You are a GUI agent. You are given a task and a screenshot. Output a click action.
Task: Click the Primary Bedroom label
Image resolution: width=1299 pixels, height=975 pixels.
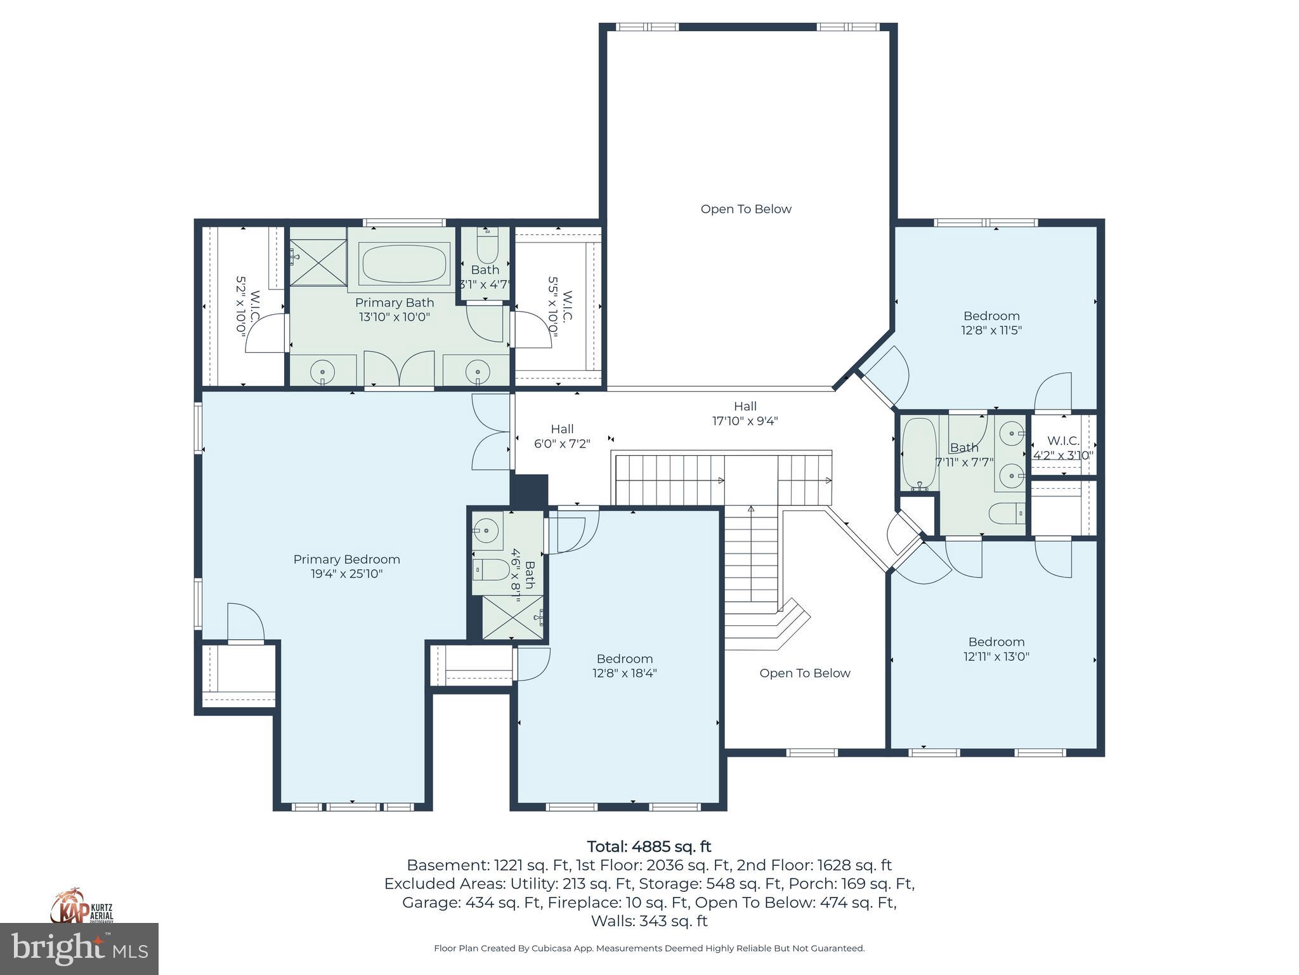(346, 566)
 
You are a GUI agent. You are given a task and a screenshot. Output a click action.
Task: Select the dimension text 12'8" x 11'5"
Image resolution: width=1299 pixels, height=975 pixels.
(991, 331)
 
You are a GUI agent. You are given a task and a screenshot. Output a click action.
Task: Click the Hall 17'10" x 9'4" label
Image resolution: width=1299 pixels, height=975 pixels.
(745, 413)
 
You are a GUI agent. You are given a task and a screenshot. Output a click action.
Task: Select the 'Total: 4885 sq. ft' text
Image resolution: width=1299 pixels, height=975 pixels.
(649, 846)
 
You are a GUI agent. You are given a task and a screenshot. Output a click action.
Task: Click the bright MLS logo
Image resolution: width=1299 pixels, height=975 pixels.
(79, 949)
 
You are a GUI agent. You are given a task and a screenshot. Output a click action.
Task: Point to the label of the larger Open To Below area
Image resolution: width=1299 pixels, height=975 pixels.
(746, 209)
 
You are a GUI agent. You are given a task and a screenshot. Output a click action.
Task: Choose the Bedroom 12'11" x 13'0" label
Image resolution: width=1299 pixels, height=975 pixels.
(996, 649)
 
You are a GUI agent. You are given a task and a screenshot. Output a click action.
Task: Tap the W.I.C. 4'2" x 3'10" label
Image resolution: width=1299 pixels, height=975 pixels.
(1062, 448)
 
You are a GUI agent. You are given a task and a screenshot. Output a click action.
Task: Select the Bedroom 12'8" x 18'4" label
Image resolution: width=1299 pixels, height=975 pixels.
(624, 666)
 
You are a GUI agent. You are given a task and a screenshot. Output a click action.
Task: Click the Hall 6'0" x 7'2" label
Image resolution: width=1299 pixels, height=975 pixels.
(562, 436)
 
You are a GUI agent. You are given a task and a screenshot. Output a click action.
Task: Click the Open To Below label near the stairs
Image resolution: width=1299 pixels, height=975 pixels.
(804, 673)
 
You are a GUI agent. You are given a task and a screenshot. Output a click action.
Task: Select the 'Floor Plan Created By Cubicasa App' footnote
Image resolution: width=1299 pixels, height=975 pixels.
(648, 948)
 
